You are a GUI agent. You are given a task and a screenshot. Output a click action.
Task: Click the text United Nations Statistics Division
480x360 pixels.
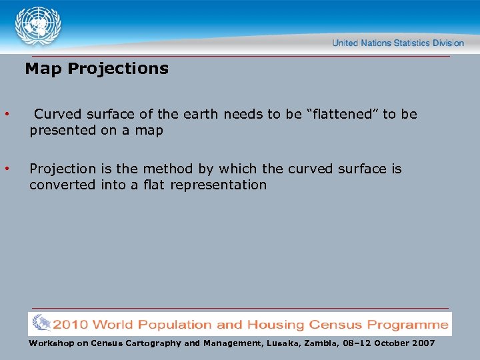click(398, 43)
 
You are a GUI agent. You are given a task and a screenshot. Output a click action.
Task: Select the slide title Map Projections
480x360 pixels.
click(97, 69)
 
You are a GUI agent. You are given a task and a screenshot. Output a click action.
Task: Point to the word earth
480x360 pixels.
click(200, 114)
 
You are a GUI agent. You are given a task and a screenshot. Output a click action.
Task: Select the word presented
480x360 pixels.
click(63, 131)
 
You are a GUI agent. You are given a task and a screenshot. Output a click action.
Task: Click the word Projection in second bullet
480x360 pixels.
click(61, 169)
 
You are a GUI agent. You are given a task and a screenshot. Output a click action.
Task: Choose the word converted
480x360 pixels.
click(62, 185)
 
